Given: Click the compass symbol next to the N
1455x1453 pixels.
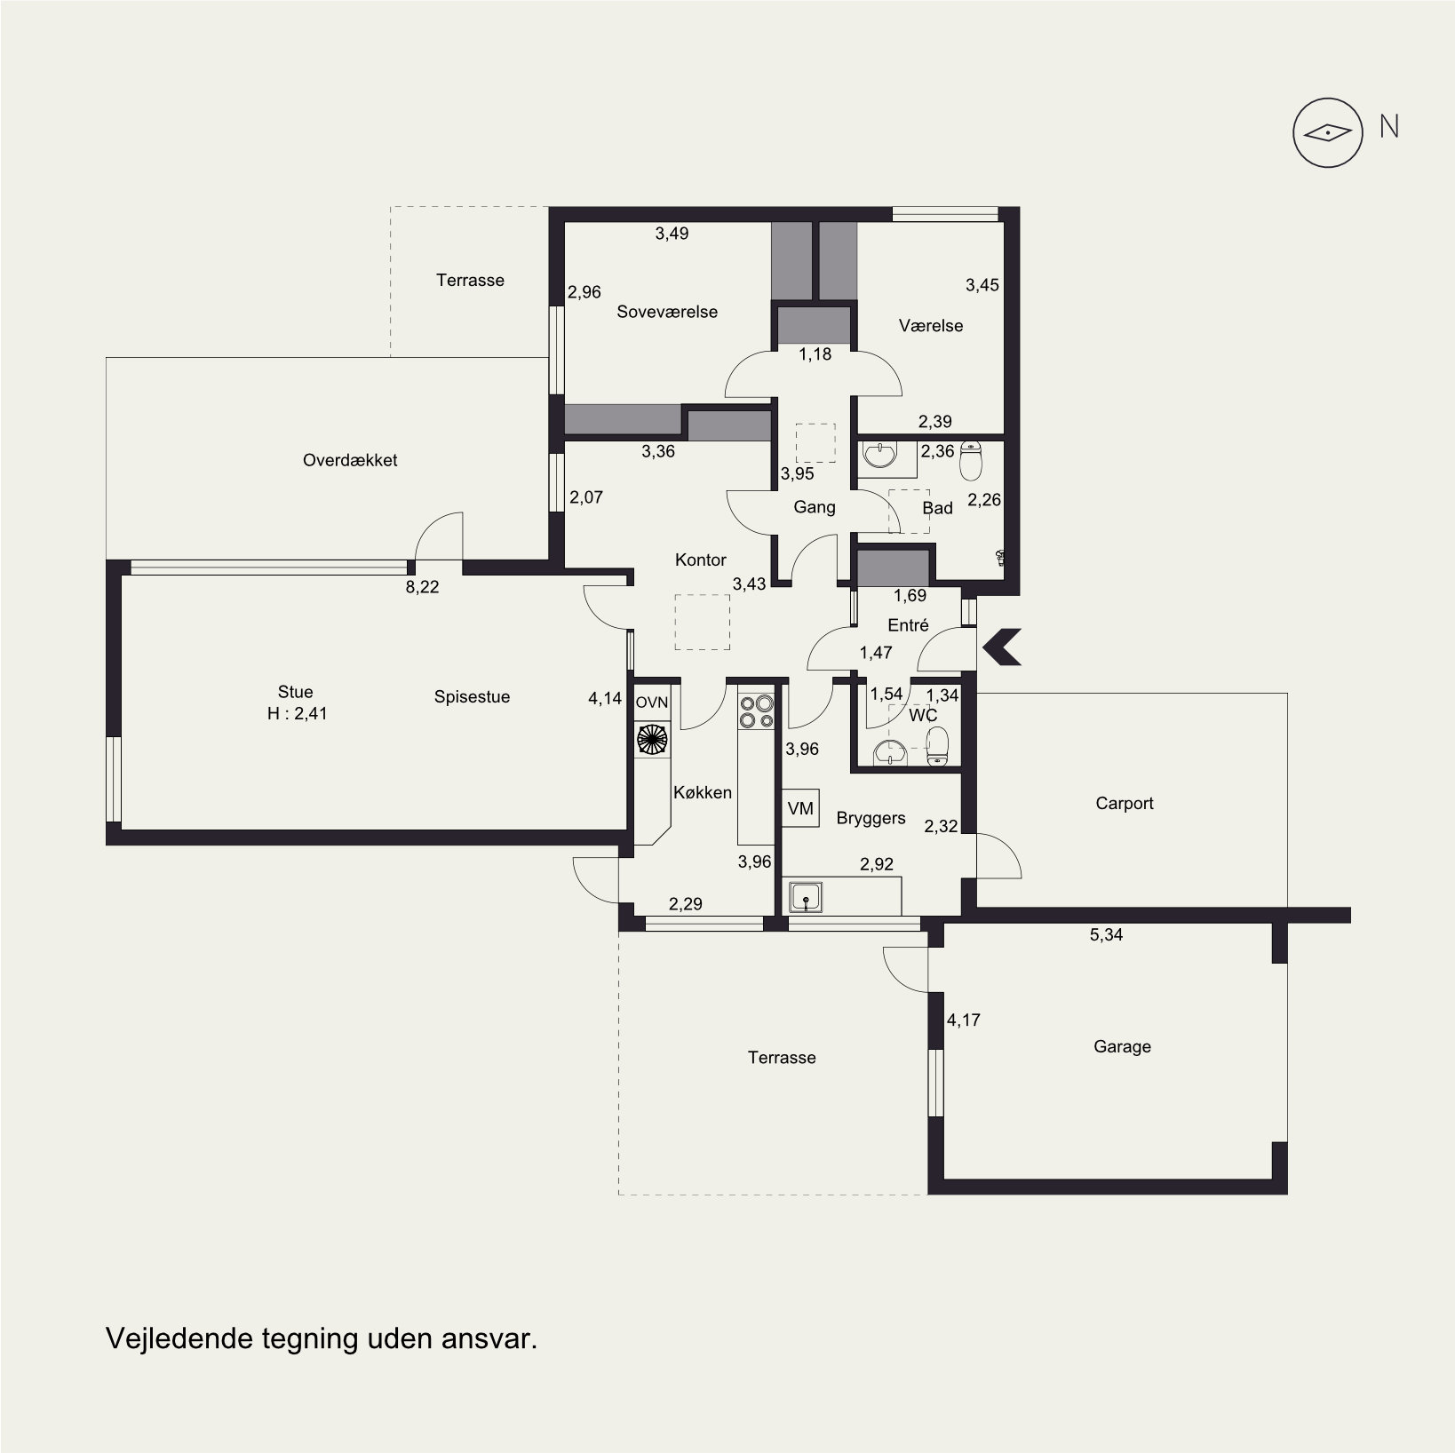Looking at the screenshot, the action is pyautogui.click(x=1327, y=133).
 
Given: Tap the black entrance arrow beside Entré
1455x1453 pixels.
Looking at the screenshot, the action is pyautogui.click(x=1002, y=647).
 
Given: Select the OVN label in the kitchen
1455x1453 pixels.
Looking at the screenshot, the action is pyautogui.click(x=652, y=703).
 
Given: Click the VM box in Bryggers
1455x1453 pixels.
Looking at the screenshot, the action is pyautogui.click(x=800, y=808).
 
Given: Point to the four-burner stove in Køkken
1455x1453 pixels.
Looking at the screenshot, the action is pyautogui.click(x=756, y=711).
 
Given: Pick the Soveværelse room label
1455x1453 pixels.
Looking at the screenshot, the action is pyautogui.click(x=667, y=312).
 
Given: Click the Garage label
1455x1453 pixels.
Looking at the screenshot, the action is pyautogui.click(x=1122, y=1047).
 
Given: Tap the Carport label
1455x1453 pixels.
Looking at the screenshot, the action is pyautogui.click(x=1125, y=804).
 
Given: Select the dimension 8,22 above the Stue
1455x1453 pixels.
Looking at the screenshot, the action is pyautogui.click(x=422, y=587).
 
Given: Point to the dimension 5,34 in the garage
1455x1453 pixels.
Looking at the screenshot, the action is pyautogui.click(x=1106, y=934).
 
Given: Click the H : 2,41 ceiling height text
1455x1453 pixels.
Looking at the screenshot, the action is pyautogui.click(x=298, y=713).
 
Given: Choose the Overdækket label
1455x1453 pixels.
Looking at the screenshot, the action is pyautogui.click(x=350, y=460).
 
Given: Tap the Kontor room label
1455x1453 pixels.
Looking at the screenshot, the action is pyautogui.click(x=701, y=560).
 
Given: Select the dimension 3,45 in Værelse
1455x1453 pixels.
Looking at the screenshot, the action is pyautogui.click(x=982, y=285).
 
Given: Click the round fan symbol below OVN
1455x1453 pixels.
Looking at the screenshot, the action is pyautogui.click(x=652, y=739).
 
